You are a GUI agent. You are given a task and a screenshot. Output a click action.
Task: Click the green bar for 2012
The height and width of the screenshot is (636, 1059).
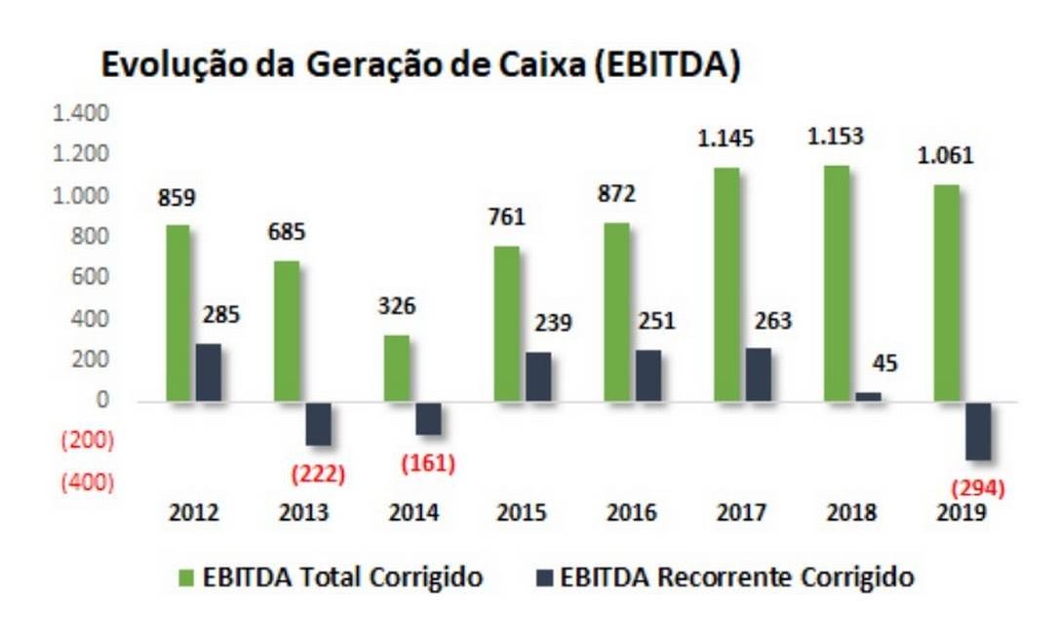tap(177, 312)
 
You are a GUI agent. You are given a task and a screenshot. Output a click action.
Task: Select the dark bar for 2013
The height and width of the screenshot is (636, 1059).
tap(318, 423)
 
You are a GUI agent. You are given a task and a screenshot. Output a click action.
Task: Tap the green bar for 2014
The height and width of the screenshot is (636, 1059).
tap(397, 368)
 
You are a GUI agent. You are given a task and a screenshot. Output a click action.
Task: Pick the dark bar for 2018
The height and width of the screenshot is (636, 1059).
tap(868, 396)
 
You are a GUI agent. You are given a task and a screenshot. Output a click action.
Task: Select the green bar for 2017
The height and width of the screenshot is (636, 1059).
tap(726, 284)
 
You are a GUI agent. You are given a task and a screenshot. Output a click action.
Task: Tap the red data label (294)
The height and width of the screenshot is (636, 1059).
tap(977, 489)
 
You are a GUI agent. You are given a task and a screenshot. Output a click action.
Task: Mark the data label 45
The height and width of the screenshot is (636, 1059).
tap(885, 364)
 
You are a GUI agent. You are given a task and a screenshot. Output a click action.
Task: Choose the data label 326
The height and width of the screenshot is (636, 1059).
tap(397, 306)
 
